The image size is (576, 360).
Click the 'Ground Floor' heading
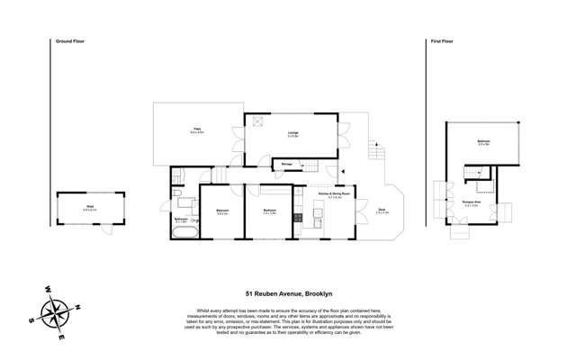click(x=69, y=41)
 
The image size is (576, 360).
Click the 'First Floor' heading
click(x=440, y=41)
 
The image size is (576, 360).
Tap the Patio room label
click(x=197, y=130)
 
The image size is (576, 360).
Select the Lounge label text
click(x=292, y=133)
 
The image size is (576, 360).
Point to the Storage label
click(x=286, y=164)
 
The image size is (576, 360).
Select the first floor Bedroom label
click(x=483, y=142)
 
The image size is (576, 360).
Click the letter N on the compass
click(x=77, y=307)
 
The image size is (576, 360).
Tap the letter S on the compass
click(x=30, y=320)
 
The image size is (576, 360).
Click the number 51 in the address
click(x=250, y=293)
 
